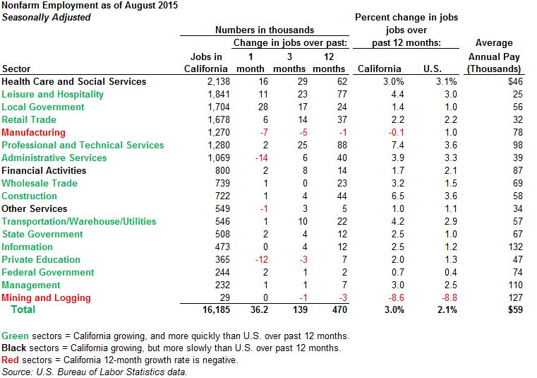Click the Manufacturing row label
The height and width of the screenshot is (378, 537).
(33, 132)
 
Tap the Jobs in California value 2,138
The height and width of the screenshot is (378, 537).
(215, 81)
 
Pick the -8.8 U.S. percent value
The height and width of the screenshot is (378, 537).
(449, 297)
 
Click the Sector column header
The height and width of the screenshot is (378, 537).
(17, 69)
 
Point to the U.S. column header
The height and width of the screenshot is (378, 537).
(432, 69)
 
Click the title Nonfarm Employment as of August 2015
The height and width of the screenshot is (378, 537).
(90, 6)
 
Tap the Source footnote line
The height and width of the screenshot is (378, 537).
(95, 372)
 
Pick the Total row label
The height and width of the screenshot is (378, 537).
(23, 310)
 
